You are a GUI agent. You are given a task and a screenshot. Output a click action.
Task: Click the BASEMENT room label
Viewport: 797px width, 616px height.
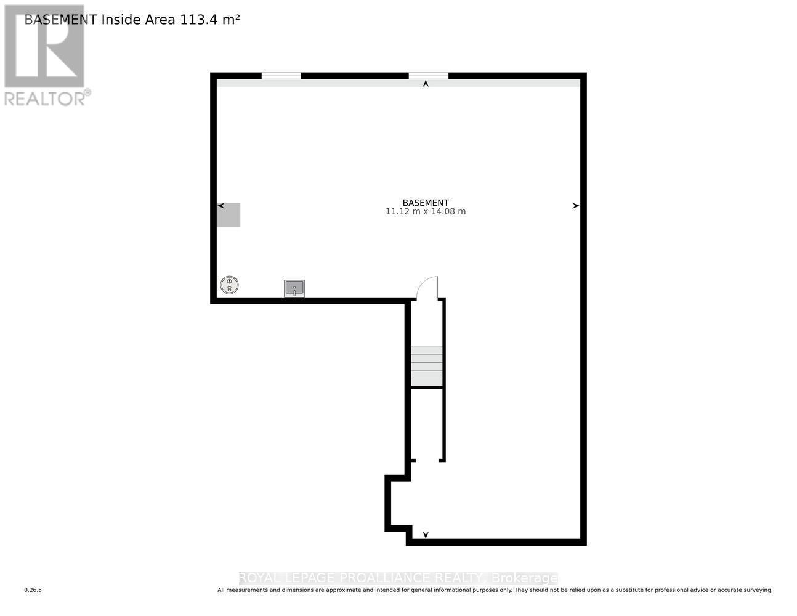[x=425, y=203]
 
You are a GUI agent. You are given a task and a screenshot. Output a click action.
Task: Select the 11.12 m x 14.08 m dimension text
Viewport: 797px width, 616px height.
[x=425, y=212]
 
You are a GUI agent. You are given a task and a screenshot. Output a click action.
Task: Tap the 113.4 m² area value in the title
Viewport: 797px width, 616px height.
[x=209, y=20]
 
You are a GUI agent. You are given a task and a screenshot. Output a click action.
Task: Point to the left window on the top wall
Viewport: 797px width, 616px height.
[x=281, y=76]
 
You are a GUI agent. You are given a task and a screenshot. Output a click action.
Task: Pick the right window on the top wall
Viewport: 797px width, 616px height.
[x=428, y=76]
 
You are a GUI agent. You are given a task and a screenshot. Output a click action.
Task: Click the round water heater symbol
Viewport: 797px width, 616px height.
[x=229, y=285]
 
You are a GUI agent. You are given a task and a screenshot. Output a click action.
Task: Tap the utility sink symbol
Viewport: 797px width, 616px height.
[x=294, y=288]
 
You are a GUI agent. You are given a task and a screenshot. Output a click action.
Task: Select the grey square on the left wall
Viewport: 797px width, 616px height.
[x=229, y=214]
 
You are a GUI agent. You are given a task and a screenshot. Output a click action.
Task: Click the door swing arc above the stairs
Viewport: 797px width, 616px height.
[x=427, y=287]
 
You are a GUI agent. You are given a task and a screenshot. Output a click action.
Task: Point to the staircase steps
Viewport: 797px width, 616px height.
[x=427, y=366]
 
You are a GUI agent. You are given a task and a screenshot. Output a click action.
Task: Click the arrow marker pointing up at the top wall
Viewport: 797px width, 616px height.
[x=426, y=84]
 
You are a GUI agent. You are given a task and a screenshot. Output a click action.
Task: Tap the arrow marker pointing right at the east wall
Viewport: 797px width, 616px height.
[x=575, y=206]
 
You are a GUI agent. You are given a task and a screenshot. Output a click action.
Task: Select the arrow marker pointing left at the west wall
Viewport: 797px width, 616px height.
[x=220, y=206]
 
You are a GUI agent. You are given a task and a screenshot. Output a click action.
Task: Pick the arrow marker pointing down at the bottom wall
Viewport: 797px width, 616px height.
[x=426, y=535]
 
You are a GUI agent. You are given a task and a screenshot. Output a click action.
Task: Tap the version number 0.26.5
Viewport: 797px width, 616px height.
[x=33, y=590]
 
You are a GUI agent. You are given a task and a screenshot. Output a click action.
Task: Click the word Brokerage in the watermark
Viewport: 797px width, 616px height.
[x=524, y=578]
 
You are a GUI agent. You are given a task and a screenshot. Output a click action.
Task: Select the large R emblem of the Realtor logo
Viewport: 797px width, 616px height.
[x=44, y=46]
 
